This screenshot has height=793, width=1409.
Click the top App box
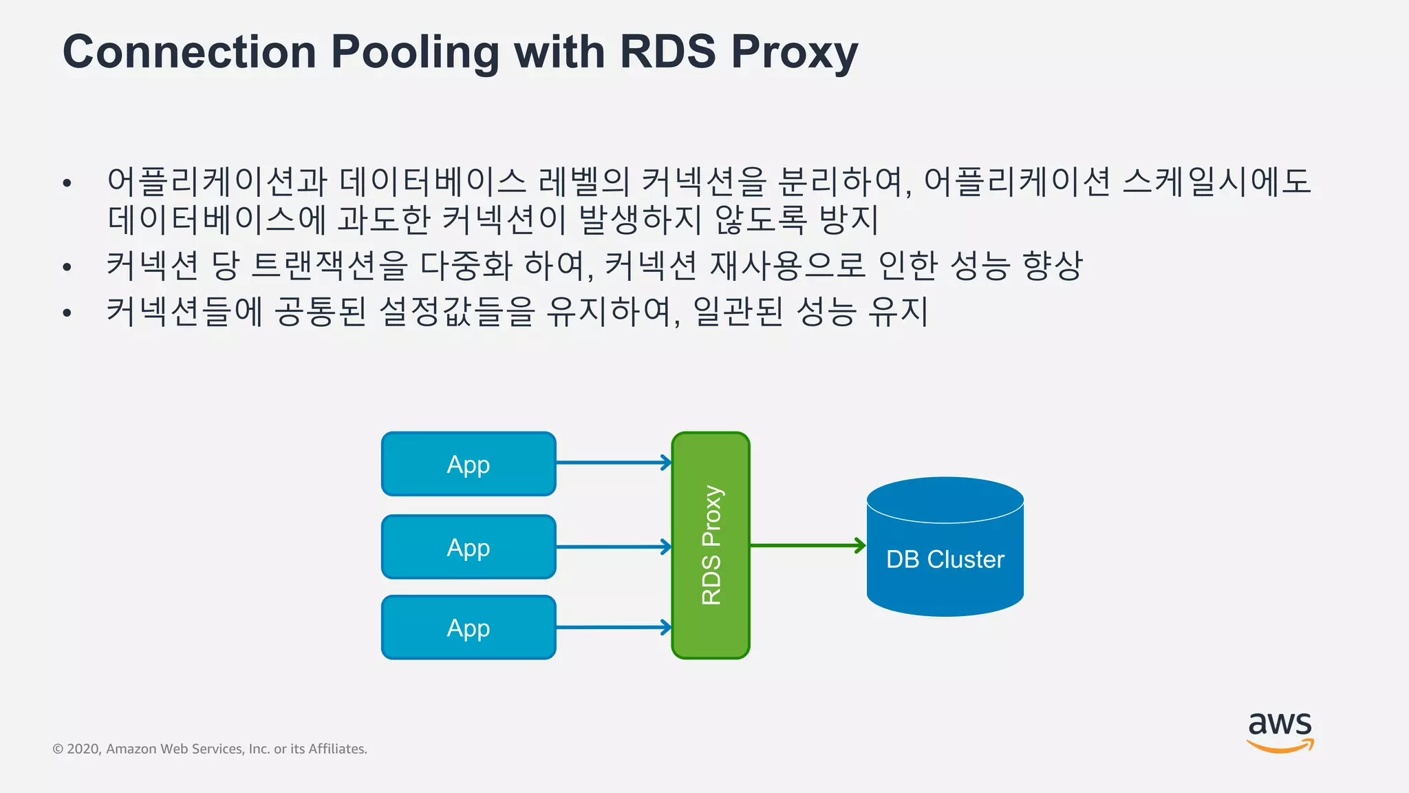[x=469, y=464]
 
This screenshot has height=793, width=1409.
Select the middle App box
[x=469, y=547]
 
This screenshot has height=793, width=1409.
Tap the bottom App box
[x=469, y=627]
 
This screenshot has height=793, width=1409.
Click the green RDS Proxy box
[x=711, y=545]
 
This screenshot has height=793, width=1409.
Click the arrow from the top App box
[x=612, y=463]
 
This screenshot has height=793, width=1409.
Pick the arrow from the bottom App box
[x=612, y=627]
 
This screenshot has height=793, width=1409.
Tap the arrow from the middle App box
[x=612, y=547]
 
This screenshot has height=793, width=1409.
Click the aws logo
[x=1280, y=732]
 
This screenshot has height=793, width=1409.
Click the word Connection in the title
[x=189, y=52]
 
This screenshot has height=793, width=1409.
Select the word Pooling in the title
[x=415, y=52]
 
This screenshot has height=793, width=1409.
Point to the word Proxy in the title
[x=794, y=52]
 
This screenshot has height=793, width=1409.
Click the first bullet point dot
[x=67, y=183]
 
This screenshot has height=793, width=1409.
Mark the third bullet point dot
[x=67, y=313]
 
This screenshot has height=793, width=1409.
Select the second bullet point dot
[x=67, y=267]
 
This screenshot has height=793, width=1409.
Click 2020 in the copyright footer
[x=83, y=749]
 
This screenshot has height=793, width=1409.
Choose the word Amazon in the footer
[x=131, y=749]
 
